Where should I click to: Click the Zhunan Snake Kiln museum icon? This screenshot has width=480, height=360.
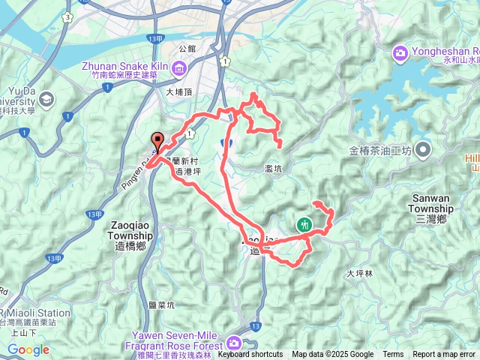tap(179, 70)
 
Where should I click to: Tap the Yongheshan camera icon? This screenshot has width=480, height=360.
tap(400, 52)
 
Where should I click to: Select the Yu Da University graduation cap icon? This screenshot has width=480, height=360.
tap(46, 99)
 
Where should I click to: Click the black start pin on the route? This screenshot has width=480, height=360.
tap(158, 141)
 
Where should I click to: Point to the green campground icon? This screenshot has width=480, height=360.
tap(304, 223)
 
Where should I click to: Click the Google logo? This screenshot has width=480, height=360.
tap(28, 349)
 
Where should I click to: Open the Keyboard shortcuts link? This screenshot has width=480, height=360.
tap(250, 355)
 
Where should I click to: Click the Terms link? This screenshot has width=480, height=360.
tap(393, 355)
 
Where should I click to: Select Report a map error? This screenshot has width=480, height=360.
tap(444, 355)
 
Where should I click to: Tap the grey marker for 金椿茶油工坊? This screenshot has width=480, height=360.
tap(423, 150)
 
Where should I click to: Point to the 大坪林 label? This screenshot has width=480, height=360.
tap(359, 274)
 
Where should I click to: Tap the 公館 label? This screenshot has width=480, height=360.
tap(188, 48)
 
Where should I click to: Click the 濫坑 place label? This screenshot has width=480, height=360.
tap(274, 169)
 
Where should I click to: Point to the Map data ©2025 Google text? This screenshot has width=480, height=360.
tap(332, 355)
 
